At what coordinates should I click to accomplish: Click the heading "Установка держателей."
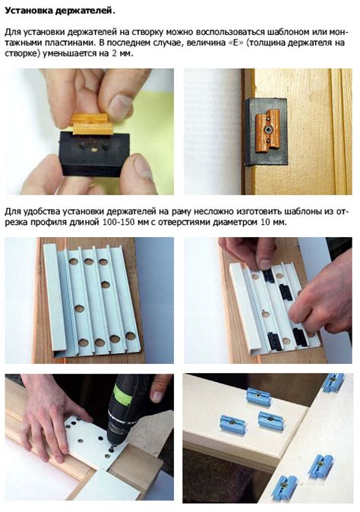tap(60, 11)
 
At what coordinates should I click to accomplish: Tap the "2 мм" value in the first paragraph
tap(122, 53)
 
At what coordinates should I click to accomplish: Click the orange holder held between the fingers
tap(92, 124)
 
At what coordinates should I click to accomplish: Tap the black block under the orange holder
tap(95, 153)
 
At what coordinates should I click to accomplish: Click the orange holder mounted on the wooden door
tap(267, 131)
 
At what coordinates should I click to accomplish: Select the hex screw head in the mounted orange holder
tap(267, 130)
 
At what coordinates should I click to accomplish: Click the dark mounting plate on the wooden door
tap(266, 131)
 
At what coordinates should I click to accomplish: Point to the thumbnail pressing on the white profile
tap(265, 264)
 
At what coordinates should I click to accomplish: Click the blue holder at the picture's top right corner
tap(333, 382)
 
